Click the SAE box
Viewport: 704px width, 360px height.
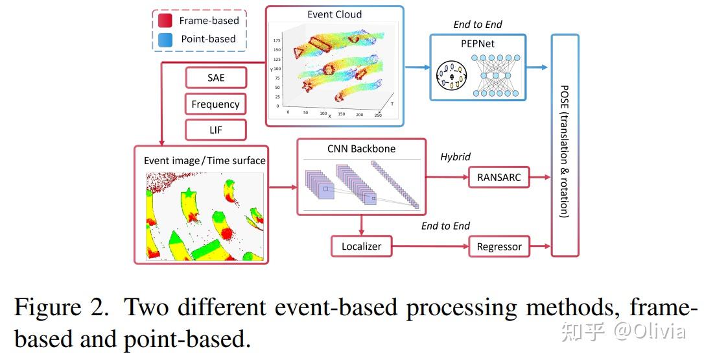click(216, 78)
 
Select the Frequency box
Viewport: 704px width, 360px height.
click(216, 104)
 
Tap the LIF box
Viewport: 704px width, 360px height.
click(216, 130)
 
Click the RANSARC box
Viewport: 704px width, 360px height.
click(499, 177)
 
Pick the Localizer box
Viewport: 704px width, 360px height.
click(361, 246)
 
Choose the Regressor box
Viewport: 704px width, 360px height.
click(499, 246)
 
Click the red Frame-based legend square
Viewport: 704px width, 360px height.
click(165, 21)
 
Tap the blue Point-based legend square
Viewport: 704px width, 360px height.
click(165, 39)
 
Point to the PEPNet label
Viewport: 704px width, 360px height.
click(477, 43)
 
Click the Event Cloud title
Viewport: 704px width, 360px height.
click(334, 14)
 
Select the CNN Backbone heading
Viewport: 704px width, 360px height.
click(361, 149)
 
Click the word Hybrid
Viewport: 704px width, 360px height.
click(455, 157)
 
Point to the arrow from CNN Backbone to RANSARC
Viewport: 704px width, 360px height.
click(447, 177)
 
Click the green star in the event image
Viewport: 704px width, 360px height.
click(188, 193)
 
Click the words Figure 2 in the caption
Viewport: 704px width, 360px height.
click(62, 306)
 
